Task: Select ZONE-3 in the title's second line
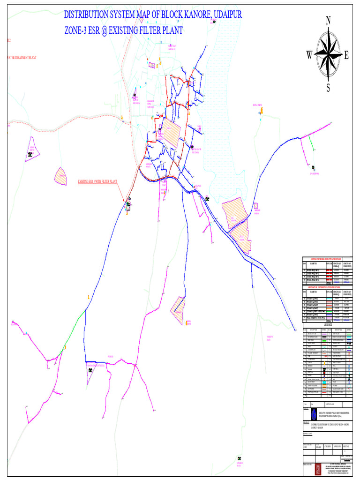tap(78, 31)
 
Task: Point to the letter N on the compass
tap(328, 20)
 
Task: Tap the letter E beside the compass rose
tap(346, 55)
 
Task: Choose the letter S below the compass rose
tap(328, 88)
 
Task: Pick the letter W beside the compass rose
tap(309, 55)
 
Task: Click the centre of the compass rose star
tap(328, 54)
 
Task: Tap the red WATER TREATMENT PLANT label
tap(22, 58)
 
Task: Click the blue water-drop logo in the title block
tap(313, 414)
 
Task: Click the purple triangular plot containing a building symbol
tap(32, 150)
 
